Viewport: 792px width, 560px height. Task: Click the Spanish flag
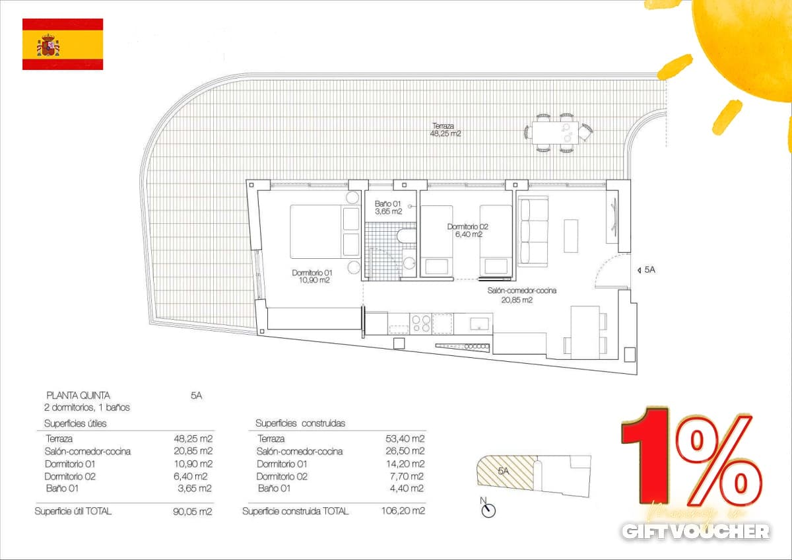[63, 44]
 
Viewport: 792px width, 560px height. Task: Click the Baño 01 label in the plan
[388, 207]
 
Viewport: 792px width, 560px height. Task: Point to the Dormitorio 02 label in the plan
[467, 230]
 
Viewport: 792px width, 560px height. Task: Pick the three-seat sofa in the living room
[533, 230]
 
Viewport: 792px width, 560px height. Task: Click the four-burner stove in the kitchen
[422, 324]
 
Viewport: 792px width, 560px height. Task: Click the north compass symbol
[488, 510]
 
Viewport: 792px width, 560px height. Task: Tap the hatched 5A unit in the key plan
[504, 472]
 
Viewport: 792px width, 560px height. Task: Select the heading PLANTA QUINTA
[79, 395]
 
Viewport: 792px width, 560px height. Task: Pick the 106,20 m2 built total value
[403, 510]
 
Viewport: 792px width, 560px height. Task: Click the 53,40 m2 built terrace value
[405, 438]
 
